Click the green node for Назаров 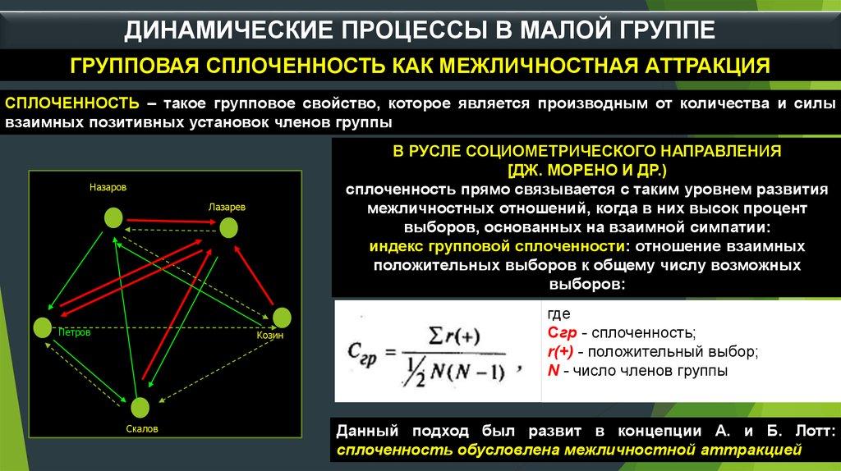coord(113,218)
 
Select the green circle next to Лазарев coord(228,228)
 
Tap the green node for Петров coord(43,327)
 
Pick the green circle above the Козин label coord(282,318)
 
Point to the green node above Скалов coord(140,408)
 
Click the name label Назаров coord(108,188)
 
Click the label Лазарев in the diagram coord(227,207)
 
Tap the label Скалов coord(142,428)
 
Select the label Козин coord(269,336)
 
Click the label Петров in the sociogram coord(75,333)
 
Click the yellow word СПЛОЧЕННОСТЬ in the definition coord(72,103)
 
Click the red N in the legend coord(554,370)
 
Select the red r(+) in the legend coord(560,352)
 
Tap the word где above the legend coord(558,314)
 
